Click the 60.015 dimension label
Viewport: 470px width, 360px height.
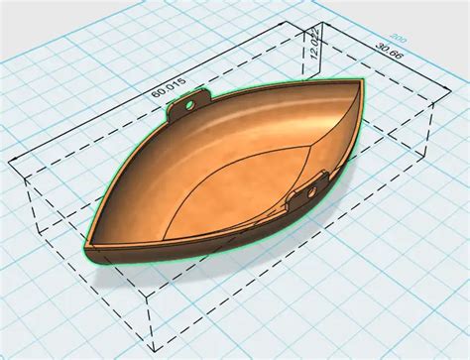click(170, 89)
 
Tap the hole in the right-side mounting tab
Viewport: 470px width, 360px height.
click(319, 180)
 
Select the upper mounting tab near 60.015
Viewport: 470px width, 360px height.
click(189, 104)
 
